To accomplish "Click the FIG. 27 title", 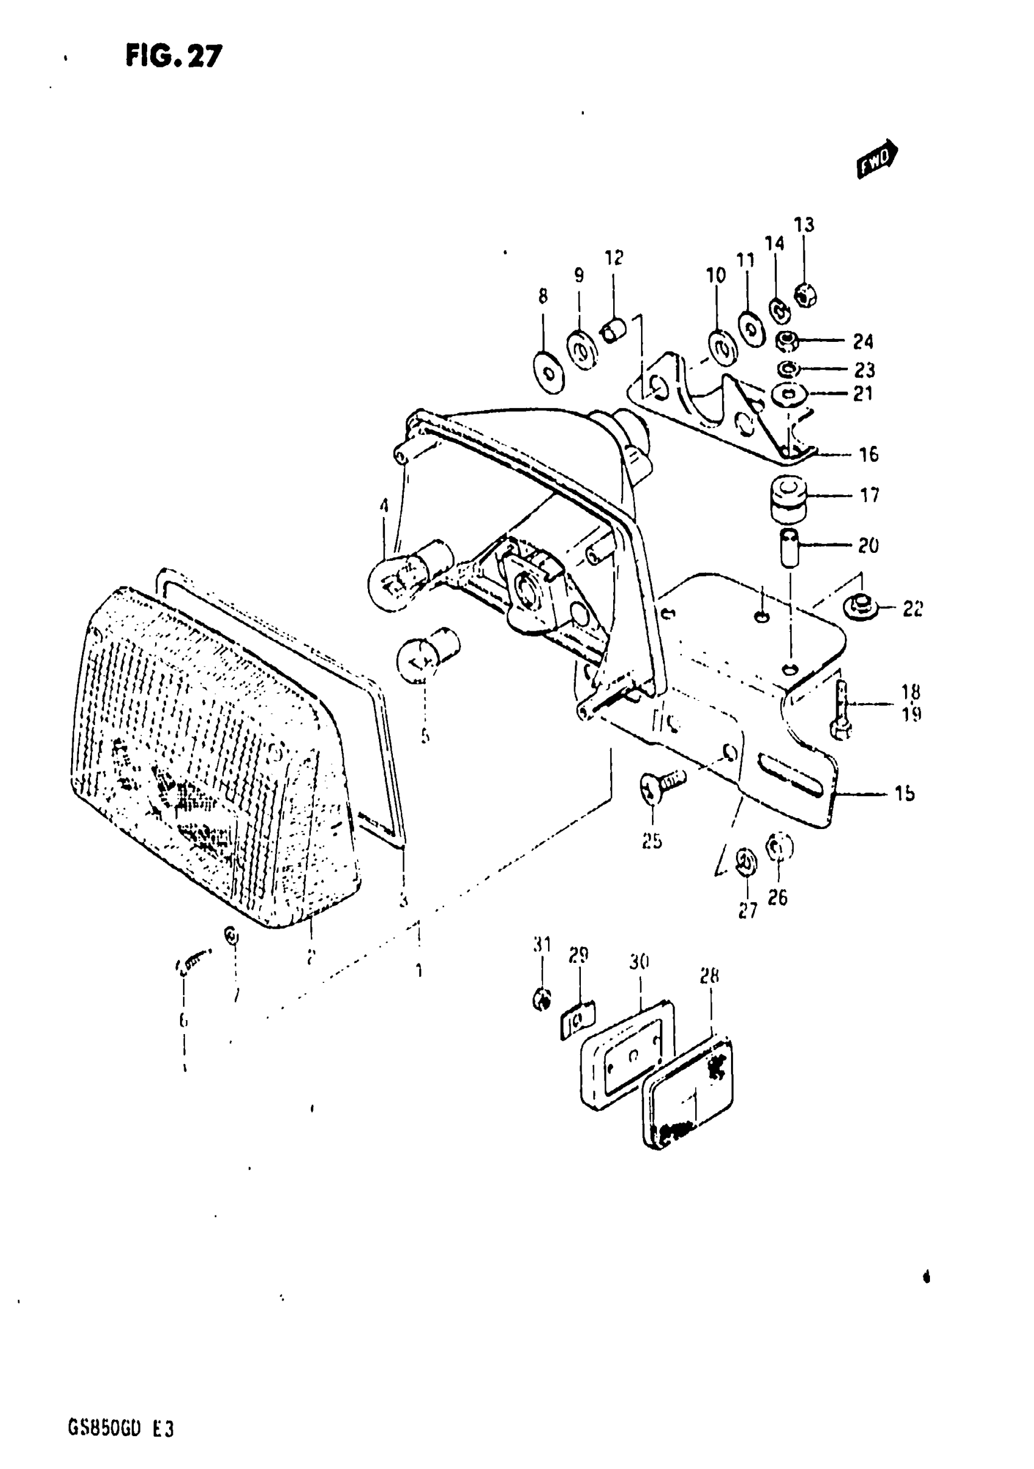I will (173, 57).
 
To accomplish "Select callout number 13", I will (803, 224).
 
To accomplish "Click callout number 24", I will (862, 342).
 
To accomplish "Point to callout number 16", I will (869, 454).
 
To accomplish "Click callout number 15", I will (904, 793).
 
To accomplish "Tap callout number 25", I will (652, 841).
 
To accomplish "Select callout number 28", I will (710, 976).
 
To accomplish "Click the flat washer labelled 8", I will (549, 372).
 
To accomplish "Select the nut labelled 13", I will (805, 296).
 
